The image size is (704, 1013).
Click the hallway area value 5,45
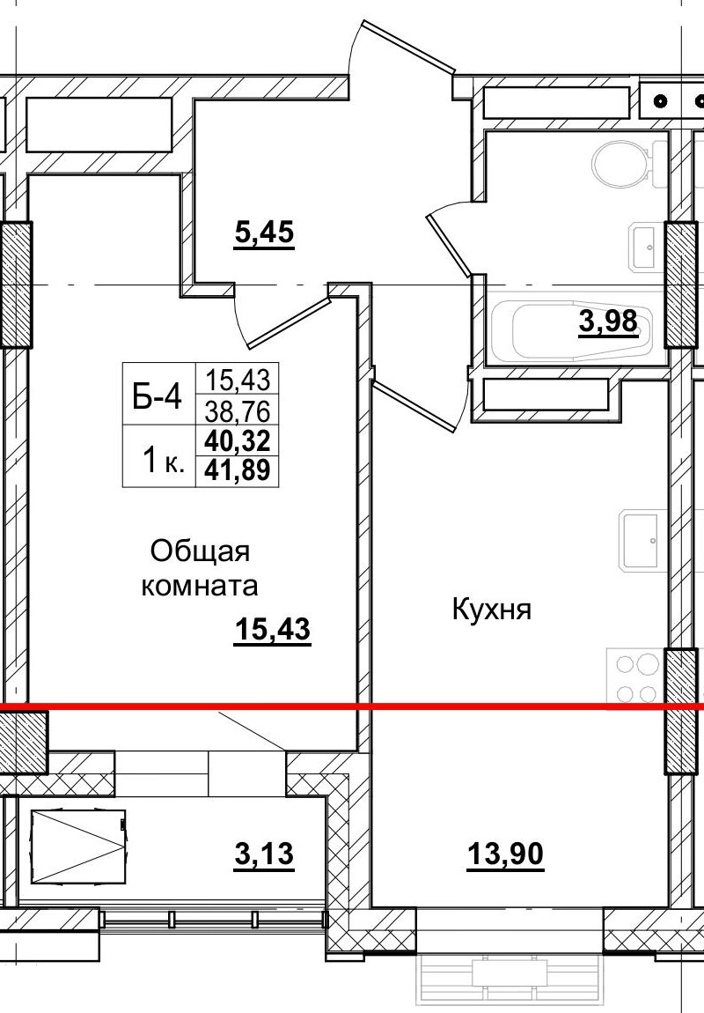[x=263, y=235]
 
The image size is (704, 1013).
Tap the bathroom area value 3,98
[x=607, y=322]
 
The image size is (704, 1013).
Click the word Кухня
[x=492, y=609]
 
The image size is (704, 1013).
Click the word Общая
[x=201, y=552]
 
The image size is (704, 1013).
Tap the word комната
[x=201, y=586]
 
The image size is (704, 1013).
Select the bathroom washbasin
[x=643, y=248]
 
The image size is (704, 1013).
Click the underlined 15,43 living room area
[x=274, y=631]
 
